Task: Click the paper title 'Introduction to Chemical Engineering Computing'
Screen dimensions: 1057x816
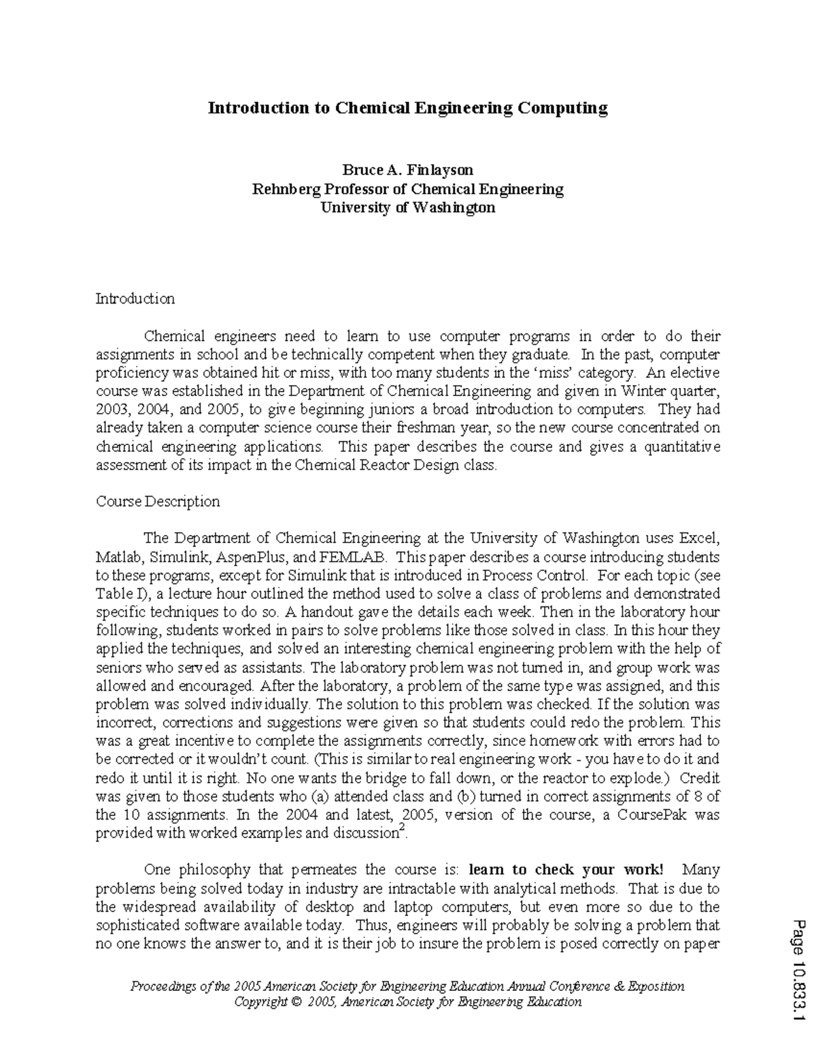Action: [x=407, y=108]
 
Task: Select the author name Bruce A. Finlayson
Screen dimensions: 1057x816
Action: [x=407, y=169]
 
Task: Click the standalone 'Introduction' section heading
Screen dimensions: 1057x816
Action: [x=135, y=299]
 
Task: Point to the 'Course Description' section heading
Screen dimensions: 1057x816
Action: [x=158, y=502]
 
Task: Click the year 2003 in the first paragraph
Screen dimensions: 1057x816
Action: [x=110, y=410]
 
